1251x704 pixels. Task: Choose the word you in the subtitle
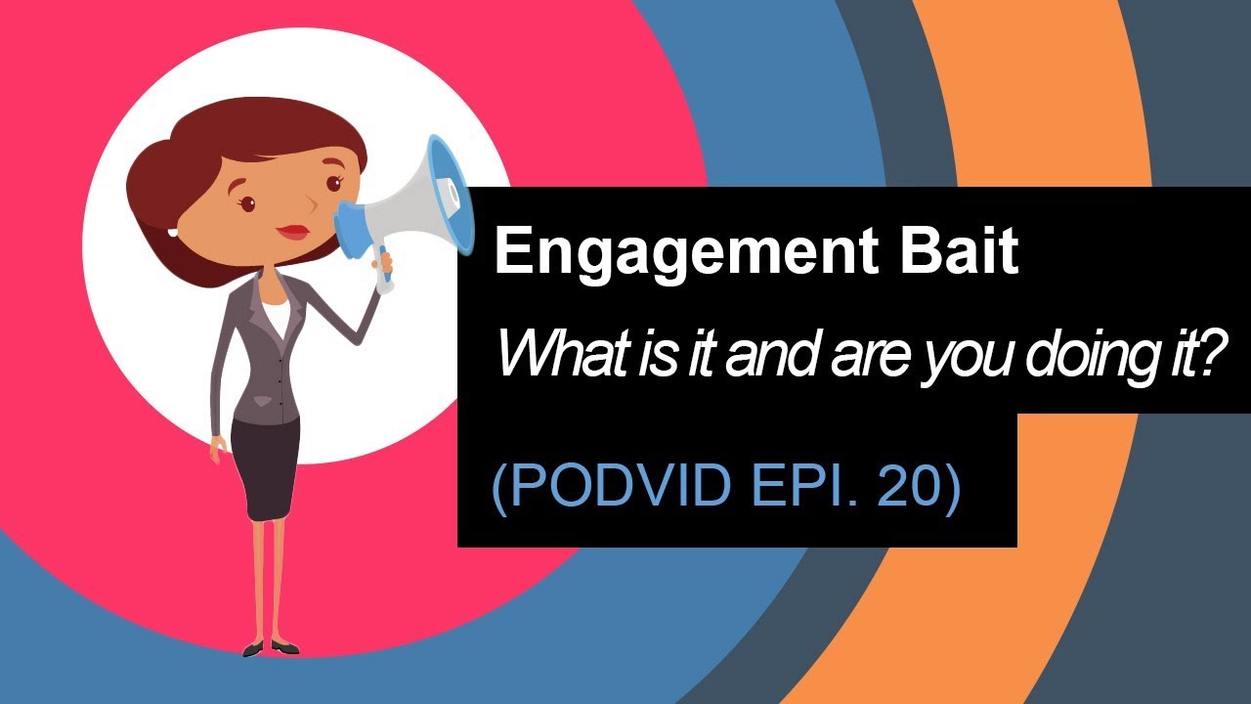click(978, 356)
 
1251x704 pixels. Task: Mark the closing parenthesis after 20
click(947, 485)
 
